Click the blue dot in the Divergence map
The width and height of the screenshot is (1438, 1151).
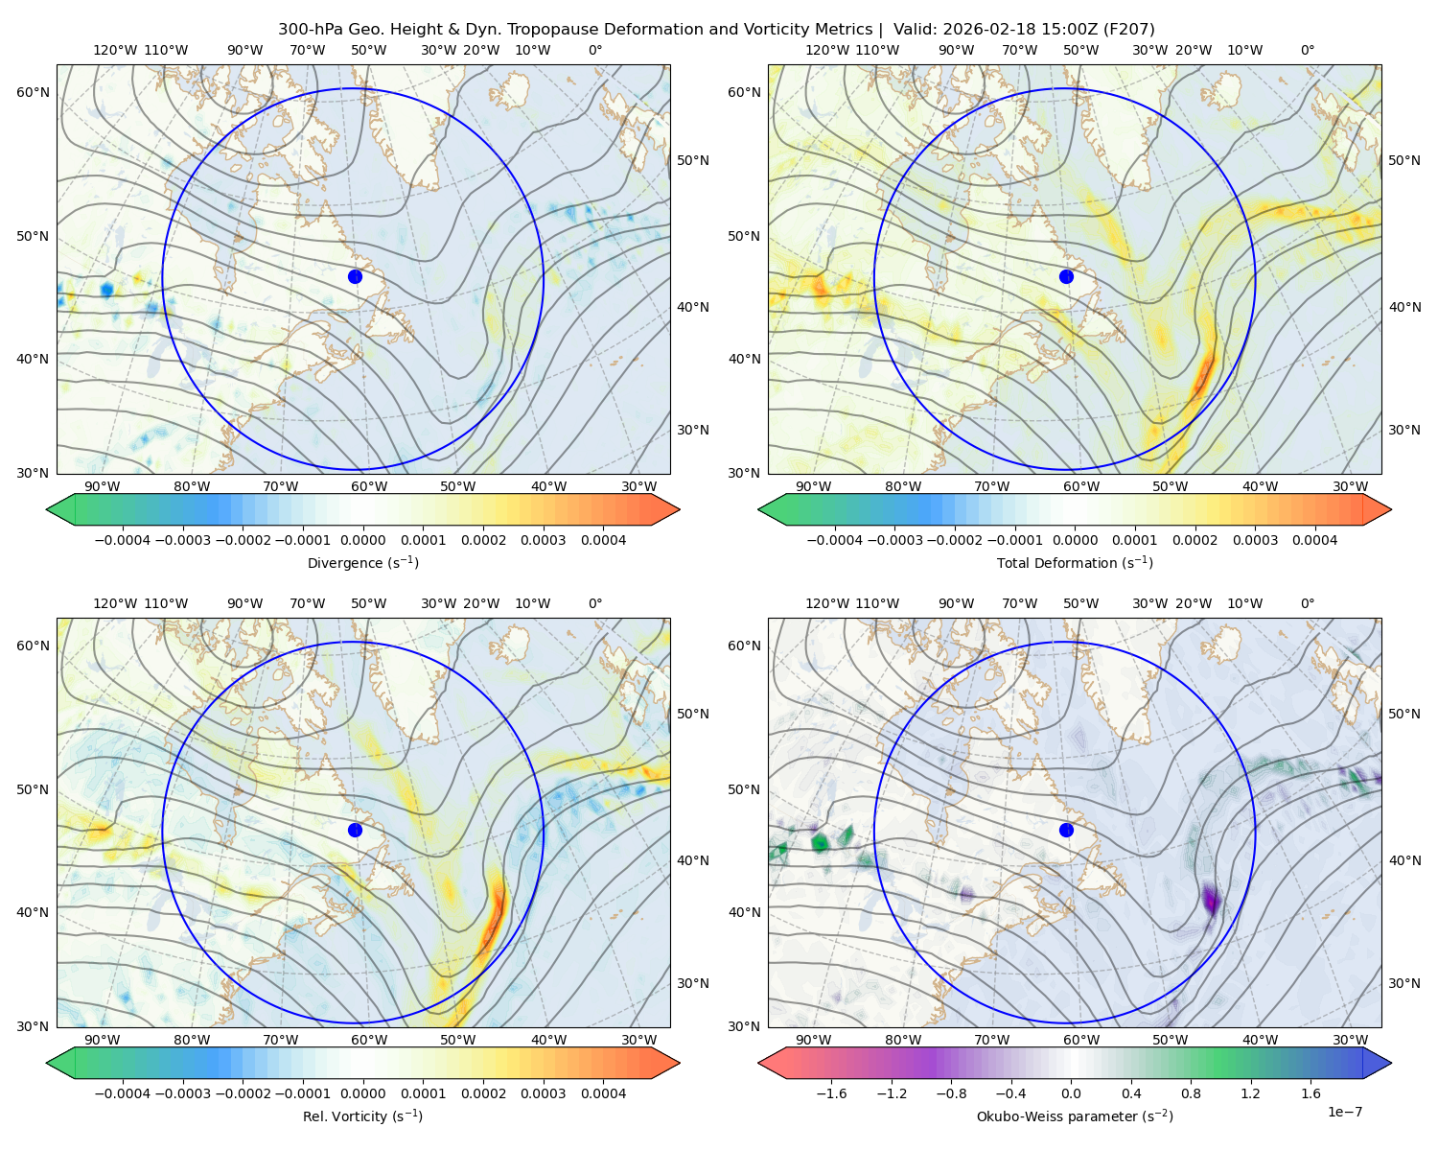click(355, 277)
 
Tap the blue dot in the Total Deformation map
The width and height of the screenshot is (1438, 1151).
click(1066, 277)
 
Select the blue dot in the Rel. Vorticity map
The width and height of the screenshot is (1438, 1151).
click(355, 830)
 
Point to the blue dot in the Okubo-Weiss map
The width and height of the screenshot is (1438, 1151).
click(1066, 830)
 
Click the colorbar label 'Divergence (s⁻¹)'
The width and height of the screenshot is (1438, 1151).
click(362, 562)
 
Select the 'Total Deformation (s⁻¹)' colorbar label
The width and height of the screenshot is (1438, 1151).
click(1075, 562)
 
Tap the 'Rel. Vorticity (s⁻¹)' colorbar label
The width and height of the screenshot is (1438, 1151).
click(362, 1116)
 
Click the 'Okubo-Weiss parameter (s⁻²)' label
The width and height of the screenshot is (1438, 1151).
click(1075, 1116)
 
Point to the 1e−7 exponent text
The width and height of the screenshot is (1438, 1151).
click(1344, 1112)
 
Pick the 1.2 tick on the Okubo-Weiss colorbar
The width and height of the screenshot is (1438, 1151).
click(1250, 1093)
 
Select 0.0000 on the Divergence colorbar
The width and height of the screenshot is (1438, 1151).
click(362, 540)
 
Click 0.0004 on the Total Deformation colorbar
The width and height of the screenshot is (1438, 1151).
click(1314, 540)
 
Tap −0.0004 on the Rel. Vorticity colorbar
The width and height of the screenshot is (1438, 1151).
click(123, 1093)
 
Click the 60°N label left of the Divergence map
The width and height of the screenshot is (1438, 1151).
click(33, 92)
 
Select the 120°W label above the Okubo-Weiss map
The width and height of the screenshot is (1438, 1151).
click(827, 603)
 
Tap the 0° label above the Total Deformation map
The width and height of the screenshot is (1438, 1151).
click(1307, 50)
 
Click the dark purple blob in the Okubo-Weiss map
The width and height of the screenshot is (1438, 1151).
click(1211, 900)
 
